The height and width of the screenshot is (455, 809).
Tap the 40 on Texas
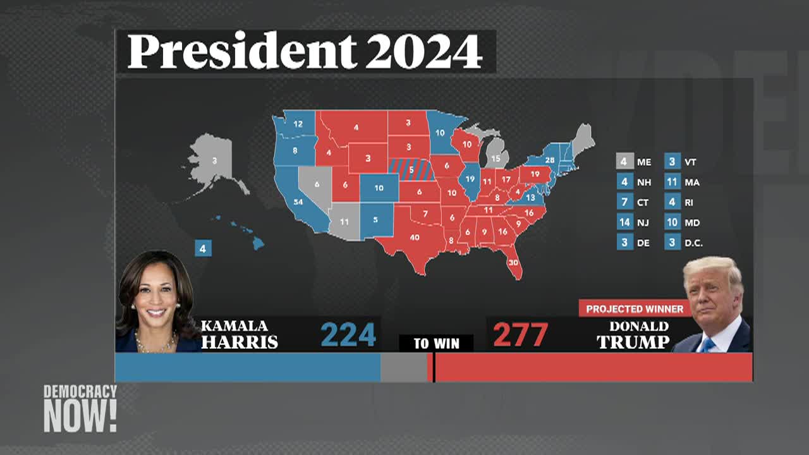pos(415,238)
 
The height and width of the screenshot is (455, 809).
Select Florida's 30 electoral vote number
pos(513,262)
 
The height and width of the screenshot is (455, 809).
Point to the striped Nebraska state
pos(411,169)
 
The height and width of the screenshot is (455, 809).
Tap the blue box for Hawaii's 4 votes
pos(203,248)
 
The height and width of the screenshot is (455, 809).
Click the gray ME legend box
pos(624,162)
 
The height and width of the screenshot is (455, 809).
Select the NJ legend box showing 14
pos(624,222)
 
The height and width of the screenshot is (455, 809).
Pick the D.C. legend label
pos(693,243)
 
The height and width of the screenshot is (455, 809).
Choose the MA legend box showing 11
pos(672,182)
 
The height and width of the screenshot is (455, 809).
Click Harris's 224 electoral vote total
pos(348,334)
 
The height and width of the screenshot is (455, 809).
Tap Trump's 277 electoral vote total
pos(520,334)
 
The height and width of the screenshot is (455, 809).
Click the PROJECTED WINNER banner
pos(634,308)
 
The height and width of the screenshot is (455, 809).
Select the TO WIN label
pos(435,344)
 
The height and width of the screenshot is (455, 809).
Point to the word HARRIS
pos(239,343)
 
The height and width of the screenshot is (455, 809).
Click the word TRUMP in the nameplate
pos(633,343)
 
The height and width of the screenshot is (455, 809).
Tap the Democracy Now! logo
pos(80,408)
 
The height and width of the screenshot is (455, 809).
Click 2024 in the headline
pos(423,52)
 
